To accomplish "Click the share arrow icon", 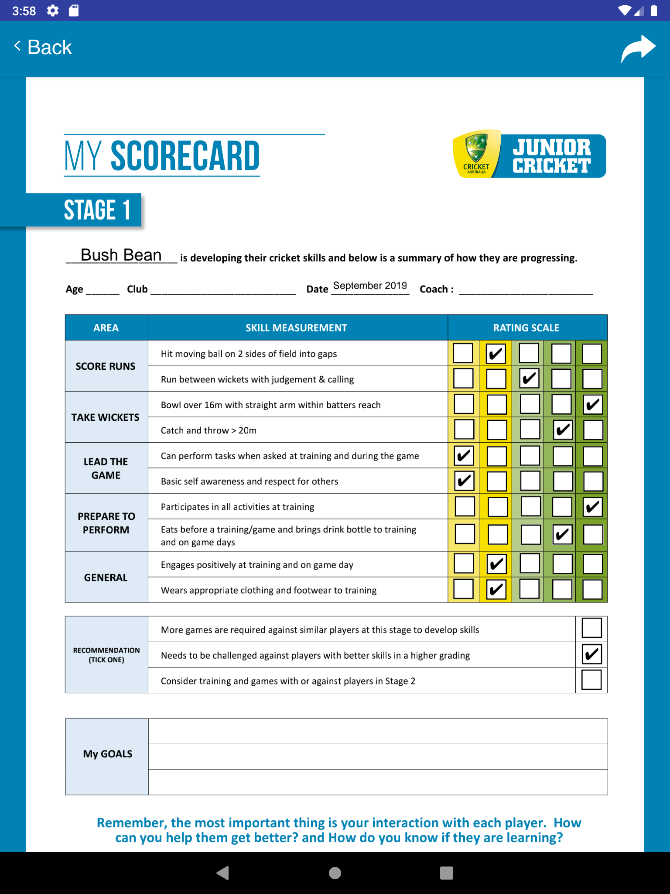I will click(x=638, y=48).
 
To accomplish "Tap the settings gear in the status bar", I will click(x=53, y=10).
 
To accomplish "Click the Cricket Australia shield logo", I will click(x=476, y=153).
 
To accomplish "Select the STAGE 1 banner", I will click(x=97, y=210).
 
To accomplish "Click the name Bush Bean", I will click(x=121, y=255).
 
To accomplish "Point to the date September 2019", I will click(x=370, y=286).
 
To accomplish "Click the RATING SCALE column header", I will click(x=526, y=328).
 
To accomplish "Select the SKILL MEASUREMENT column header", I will click(x=296, y=328).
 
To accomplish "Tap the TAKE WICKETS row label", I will click(x=106, y=417).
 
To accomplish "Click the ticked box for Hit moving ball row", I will click(x=496, y=354).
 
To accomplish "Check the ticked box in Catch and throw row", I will click(x=563, y=430).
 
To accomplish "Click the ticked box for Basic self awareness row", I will click(x=464, y=481).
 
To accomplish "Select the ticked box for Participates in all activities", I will click(x=593, y=507).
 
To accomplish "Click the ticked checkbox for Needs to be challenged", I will click(x=591, y=654).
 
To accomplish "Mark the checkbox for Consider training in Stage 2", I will click(x=591, y=680).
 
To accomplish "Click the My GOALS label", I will click(x=107, y=754).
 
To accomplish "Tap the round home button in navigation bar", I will click(x=335, y=873).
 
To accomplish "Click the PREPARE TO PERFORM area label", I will click(x=106, y=523).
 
